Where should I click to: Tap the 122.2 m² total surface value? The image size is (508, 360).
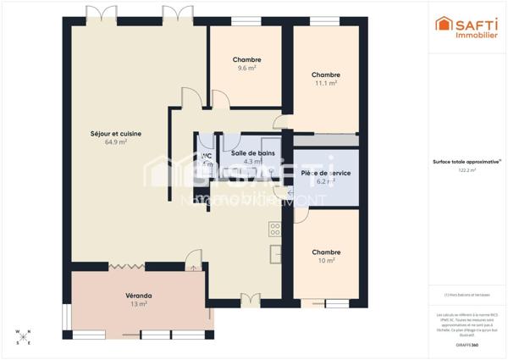[467, 170]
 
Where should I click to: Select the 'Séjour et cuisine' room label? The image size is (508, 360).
[116, 133]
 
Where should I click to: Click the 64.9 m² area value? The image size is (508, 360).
[116, 142]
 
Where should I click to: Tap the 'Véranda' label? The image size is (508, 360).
[138, 295]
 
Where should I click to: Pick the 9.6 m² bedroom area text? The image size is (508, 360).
[246, 68]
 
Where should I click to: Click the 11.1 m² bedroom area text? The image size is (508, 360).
[326, 83]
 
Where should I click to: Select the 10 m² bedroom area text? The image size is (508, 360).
[326, 261]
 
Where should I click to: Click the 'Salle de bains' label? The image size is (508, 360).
[252, 152]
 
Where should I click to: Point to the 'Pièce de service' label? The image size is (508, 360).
[326, 173]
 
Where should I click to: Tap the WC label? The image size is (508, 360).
[206, 155]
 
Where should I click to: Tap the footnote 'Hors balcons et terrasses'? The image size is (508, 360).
[467, 295]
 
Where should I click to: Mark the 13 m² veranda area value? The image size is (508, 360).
[138, 303]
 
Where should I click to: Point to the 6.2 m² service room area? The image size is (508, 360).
[326, 181]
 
